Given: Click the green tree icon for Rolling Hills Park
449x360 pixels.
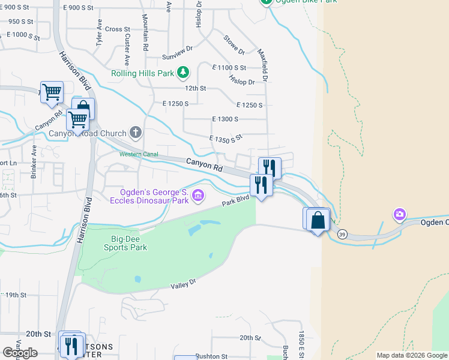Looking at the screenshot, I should coord(183,73).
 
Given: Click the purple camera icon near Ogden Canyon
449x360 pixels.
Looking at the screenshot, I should coord(399,214).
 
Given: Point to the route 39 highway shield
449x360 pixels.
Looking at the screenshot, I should coord(342,233).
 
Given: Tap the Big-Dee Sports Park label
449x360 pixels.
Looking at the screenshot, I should coord(125,242).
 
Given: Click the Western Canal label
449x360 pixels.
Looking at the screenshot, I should coord(138,154).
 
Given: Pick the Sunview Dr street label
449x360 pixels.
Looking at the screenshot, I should coord(176,56).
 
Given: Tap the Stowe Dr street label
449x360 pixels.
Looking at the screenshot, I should coord(234,44).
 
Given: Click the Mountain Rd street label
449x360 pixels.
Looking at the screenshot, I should coord(145,34).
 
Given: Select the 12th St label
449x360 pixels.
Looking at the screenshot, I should coord(195,88).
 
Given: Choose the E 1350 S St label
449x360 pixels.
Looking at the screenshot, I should coord(225,138).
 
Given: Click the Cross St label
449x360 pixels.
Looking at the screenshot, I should coord(117,29).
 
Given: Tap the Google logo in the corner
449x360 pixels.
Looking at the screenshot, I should coord(20,353).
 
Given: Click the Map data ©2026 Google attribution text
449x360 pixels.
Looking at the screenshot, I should coord(411,355).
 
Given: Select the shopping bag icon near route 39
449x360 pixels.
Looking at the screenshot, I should coord(319,221).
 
